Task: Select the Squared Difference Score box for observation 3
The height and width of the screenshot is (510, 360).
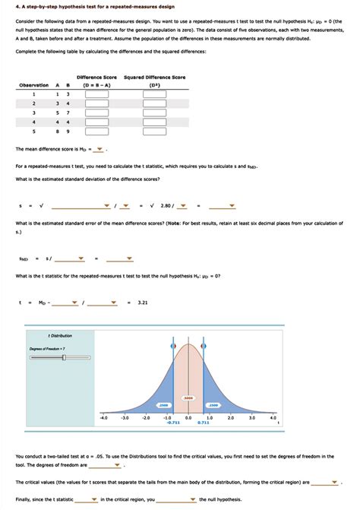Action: [154, 112]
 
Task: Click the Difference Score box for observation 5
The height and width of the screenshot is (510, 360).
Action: [96, 130]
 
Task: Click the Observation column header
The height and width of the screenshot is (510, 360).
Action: [33, 84]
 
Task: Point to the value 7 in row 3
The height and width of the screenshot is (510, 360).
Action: [68, 112]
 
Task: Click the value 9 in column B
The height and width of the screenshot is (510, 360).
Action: [68, 130]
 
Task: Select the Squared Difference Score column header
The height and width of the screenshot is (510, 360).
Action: [154, 77]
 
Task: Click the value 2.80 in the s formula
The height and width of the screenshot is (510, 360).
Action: [166, 204]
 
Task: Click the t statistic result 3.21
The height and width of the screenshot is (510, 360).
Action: [142, 303]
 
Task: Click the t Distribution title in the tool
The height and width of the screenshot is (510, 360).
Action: [60, 335]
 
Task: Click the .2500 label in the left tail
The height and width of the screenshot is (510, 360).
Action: [163, 404]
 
